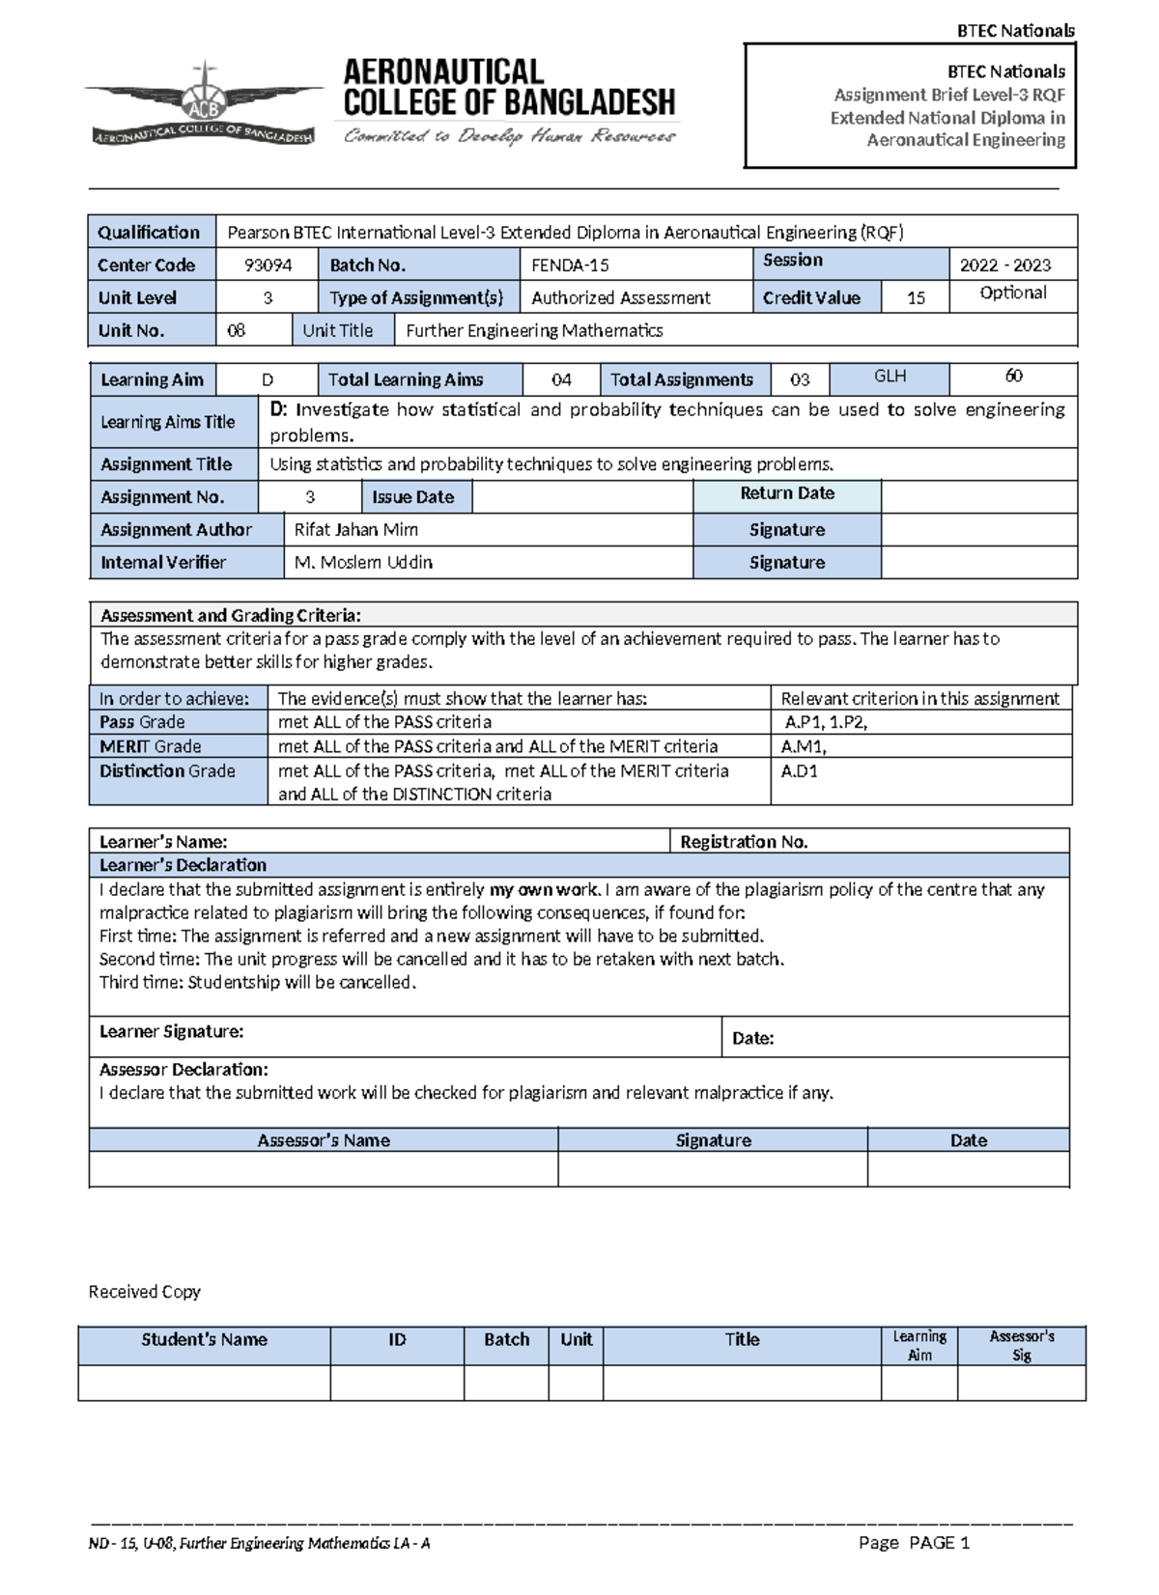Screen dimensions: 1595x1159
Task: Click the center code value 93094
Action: click(268, 266)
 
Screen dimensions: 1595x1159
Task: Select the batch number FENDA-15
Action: click(570, 266)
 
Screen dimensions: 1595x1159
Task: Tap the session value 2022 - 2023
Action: click(1005, 266)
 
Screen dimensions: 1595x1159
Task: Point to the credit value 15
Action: click(916, 298)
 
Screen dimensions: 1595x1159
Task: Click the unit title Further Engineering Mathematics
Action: click(534, 331)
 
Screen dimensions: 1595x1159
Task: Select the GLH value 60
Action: click(1013, 376)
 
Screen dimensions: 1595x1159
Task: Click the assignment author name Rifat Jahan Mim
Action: click(355, 530)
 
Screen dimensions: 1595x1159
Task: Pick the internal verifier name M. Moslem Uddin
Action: click(363, 563)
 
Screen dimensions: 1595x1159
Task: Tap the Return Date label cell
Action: click(786, 493)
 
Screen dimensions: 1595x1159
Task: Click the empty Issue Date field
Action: click(581, 497)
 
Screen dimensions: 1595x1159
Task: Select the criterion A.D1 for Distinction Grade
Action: click(799, 771)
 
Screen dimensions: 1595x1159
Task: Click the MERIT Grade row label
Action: click(151, 746)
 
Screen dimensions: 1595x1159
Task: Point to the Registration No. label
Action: click(743, 842)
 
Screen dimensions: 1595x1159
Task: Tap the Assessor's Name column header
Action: click(323, 1140)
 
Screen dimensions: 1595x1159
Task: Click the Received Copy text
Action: click(144, 1292)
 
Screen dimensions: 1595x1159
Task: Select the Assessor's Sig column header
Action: click(1021, 1346)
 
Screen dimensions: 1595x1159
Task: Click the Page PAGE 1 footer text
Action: click(914, 1543)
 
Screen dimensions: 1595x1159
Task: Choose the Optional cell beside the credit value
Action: click(1012, 294)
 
